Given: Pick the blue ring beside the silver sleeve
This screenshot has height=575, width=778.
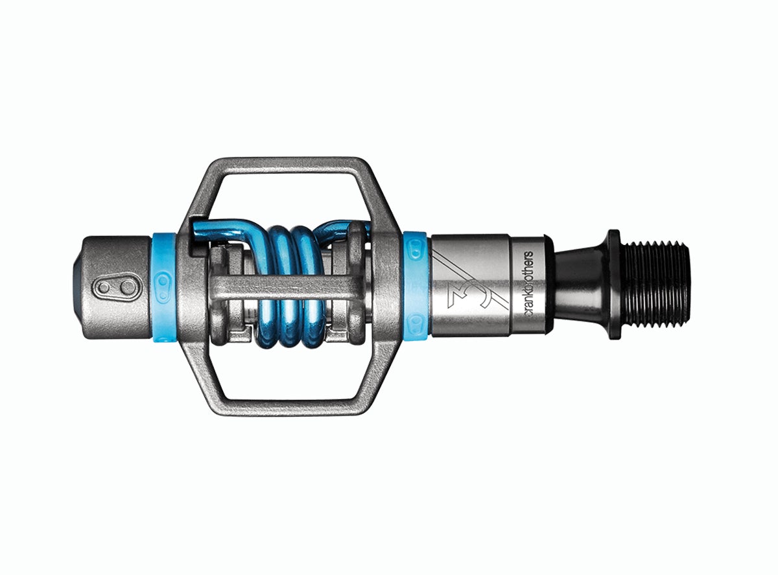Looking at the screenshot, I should (415, 285).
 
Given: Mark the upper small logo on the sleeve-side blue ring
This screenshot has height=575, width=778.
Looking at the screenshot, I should (416, 246).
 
